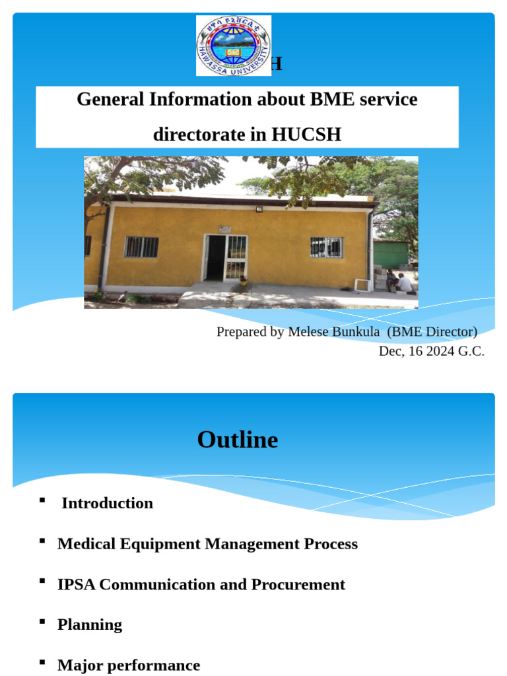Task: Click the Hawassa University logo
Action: [233, 46]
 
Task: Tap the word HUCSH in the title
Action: [306, 135]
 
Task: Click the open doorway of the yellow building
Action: [215, 257]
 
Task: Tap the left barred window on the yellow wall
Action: [141, 247]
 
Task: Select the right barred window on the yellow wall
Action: [326, 247]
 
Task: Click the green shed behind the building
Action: [391, 254]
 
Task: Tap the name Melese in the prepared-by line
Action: [309, 331]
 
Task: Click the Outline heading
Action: [238, 440]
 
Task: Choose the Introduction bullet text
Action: [107, 503]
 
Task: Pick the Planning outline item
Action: [90, 625]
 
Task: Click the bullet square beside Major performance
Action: [42, 662]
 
